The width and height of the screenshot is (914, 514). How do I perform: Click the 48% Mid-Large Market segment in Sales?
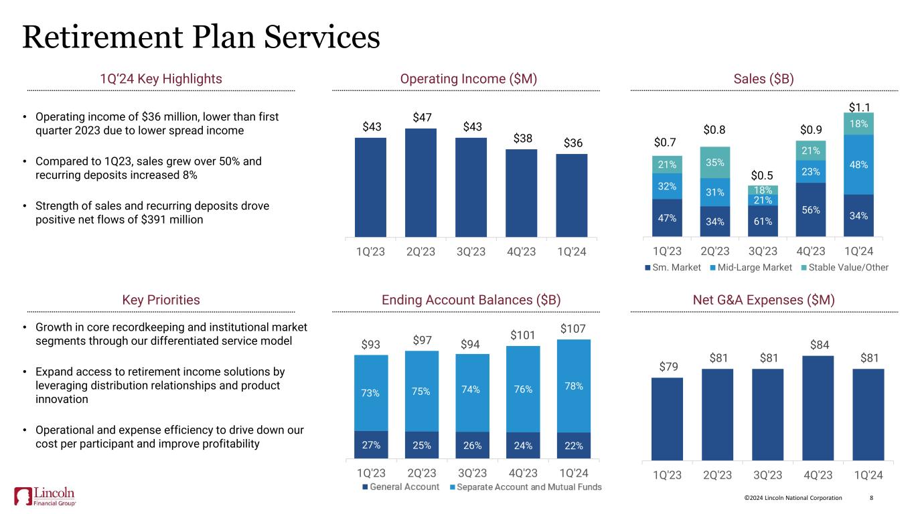(x=858, y=164)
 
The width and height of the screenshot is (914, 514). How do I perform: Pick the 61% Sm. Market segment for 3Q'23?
(x=763, y=222)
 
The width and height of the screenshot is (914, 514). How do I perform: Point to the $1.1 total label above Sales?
(x=858, y=105)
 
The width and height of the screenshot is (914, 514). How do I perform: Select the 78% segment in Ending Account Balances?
(x=574, y=385)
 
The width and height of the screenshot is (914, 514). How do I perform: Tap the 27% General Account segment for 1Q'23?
(x=370, y=445)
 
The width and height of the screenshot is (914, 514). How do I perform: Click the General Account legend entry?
(x=400, y=487)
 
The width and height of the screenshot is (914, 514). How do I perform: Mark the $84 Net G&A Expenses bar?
(x=818, y=408)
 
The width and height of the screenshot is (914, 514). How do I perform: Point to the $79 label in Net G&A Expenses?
(x=666, y=366)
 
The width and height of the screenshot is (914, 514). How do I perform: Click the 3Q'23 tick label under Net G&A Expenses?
(x=767, y=476)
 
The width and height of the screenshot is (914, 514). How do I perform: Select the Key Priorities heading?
(x=161, y=300)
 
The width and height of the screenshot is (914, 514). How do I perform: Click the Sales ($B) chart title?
(x=763, y=79)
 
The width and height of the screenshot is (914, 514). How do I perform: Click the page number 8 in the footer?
(x=871, y=498)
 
